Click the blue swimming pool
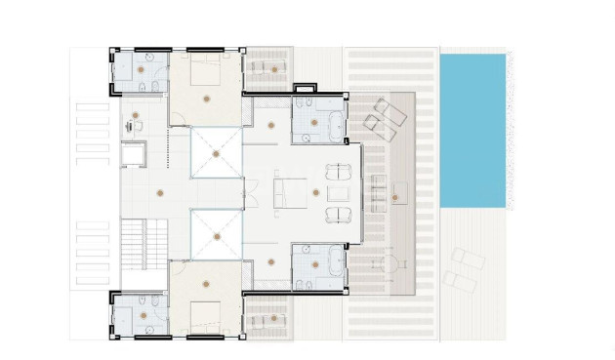[x=472, y=130]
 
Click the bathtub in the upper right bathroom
[x=334, y=123]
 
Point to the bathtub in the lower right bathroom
[x=334, y=261]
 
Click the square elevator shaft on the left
[x=132, y=156]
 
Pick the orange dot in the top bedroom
[x=204, y=99]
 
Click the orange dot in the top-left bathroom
[x=141, y=70]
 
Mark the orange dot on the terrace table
[x=394, y=198]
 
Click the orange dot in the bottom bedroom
[x=204, y=285]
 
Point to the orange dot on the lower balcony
[x=274, y=318]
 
